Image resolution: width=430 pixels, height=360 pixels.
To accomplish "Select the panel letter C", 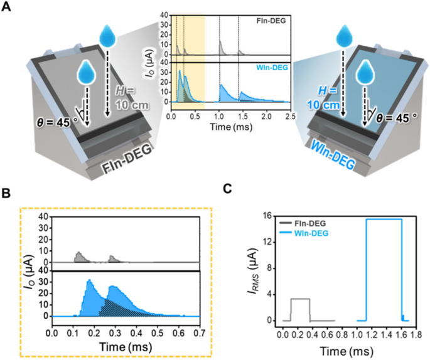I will pos(229,188).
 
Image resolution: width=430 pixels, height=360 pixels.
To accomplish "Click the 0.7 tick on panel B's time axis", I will pos(200,327).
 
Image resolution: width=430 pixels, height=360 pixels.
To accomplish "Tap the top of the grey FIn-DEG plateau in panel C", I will pos(300,299).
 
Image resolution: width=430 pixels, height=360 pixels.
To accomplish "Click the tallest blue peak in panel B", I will pos(90,280).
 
